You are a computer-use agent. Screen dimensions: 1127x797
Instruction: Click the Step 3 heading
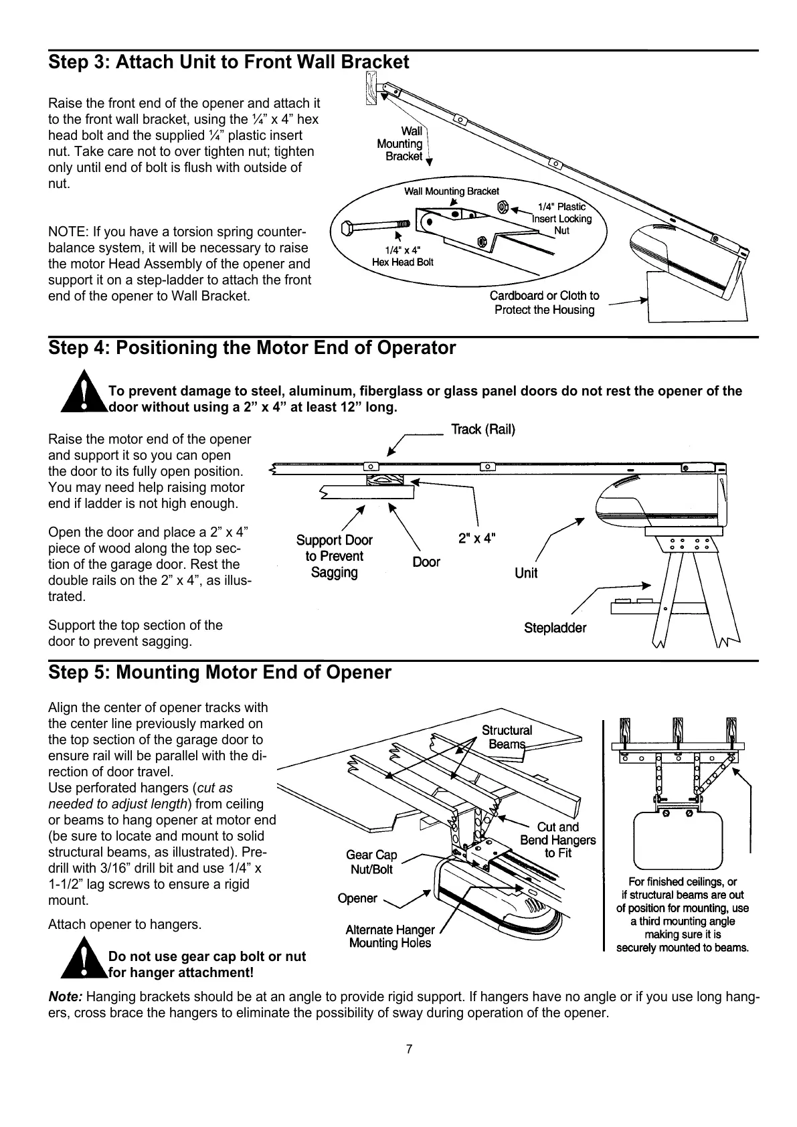point(228,63)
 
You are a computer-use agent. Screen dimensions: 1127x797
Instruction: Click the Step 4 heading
point(252,348)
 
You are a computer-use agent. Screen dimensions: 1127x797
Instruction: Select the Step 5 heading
point(219,672)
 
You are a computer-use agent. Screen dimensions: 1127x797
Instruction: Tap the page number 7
point(410,1049)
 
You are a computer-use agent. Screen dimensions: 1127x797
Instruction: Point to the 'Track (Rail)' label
point(483,430)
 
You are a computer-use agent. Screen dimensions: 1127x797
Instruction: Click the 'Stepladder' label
point(555,628)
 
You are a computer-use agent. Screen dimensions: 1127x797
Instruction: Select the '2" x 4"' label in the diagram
point(476,537)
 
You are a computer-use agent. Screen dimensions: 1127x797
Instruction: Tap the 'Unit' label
point(526,573)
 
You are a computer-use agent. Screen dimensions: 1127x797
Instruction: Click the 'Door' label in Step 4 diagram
point(426,562)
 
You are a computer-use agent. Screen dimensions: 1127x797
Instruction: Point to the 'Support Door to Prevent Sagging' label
point(335,556)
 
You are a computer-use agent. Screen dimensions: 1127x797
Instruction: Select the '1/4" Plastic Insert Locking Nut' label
point(562,218)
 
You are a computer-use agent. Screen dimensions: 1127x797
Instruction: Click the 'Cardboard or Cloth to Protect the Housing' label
point(544,302)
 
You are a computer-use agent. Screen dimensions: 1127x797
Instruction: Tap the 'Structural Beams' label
point(507,737)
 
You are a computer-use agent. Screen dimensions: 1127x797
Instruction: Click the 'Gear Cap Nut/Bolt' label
point(371,862)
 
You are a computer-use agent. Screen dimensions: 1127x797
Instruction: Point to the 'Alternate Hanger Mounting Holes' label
point(390,936)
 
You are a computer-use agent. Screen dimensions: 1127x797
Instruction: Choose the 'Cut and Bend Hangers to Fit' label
point(557,840)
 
